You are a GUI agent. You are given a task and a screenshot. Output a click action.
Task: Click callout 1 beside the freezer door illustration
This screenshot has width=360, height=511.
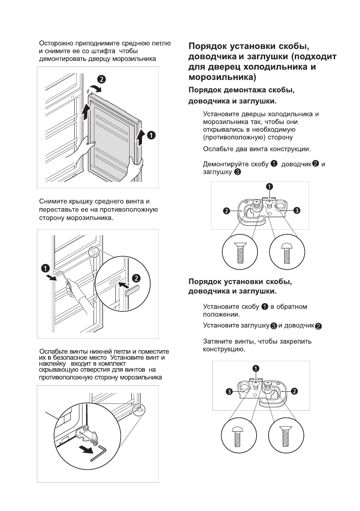[x=151, y=135]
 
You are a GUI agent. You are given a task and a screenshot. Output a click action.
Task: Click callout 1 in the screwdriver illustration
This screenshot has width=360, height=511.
[x=45, y=268]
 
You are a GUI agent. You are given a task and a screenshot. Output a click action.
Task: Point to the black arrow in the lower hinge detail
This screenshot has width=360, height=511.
[x=86, y=450]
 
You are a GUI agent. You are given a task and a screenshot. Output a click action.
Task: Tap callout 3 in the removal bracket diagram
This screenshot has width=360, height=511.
[x=297, y=210]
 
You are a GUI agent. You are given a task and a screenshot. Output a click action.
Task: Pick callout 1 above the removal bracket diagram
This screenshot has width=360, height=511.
[x=269, y=187]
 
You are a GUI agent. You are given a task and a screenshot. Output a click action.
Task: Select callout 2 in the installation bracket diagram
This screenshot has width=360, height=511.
[x=295, y=391]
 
